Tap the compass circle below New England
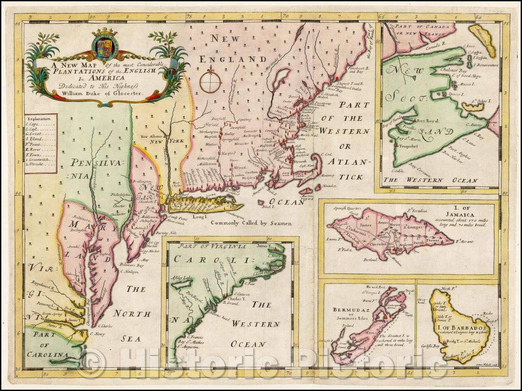point(211,81)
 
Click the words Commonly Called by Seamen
point(252,223)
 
